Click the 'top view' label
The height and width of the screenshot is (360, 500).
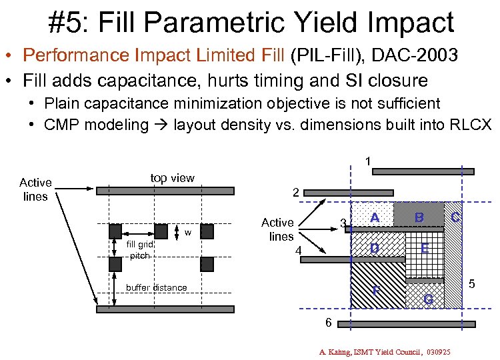coord(172,177)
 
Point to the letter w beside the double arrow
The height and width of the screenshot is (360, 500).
coord(188,233)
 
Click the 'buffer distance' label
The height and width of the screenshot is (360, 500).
coord(157,287)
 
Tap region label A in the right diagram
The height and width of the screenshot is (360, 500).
coord(375,218)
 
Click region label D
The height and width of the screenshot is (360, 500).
coord(375,249)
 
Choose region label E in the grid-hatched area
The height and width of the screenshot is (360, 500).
coord(425,249)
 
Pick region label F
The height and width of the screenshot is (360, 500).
coord(376,291)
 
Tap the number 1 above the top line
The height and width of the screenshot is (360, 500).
coord(367,161)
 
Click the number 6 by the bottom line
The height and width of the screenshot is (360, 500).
coord(328,323)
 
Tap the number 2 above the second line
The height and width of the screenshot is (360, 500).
coord(295,193)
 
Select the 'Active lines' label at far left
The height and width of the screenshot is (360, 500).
coord(35,189)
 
